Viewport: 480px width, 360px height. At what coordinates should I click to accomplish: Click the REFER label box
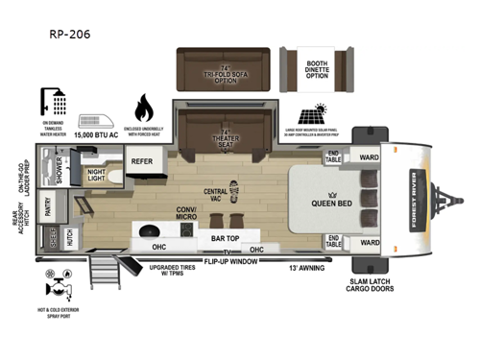tap(143, 162)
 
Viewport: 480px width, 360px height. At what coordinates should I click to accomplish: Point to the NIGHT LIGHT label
tap(97, 177)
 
